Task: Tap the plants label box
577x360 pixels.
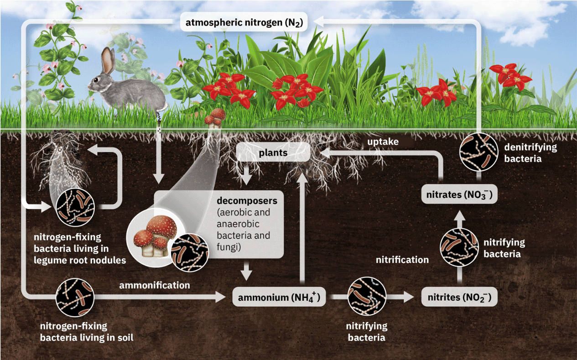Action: (273, 152)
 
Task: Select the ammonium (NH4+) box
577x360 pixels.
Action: (279, 297)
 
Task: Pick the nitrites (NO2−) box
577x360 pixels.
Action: (459, 297)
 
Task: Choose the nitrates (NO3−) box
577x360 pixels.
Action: (459, 195)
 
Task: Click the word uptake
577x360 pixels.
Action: (383, 142)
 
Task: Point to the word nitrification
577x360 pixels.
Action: (402, 260)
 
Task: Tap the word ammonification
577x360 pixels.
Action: (154, 286)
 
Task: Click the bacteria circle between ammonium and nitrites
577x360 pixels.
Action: (367, 297)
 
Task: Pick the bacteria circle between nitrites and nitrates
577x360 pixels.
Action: (459, 247)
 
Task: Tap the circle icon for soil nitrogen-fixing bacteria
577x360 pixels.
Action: (75, 297)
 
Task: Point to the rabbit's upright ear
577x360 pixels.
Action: (108, 60)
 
